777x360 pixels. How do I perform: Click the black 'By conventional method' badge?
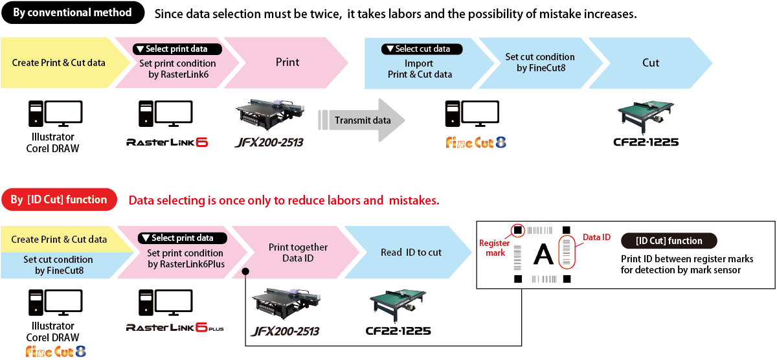click(73, 12)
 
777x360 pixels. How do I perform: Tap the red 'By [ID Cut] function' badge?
click(60, 199)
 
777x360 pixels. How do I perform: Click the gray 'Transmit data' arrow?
click(361, 120)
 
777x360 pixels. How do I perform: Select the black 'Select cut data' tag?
click(422, 49)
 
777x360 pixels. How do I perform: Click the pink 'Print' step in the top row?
click(286, 63)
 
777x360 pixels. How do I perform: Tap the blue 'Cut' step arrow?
click(650, 63)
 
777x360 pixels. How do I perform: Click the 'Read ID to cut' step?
click(409, 252)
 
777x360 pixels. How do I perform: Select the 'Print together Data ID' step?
click(297, 252)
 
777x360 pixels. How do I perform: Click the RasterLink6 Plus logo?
click(175, 328)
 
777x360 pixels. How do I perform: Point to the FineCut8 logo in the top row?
click(476, 142)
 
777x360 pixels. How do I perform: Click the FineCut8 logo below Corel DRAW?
click(56, 352)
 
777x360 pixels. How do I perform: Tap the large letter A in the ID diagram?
click(543, 255)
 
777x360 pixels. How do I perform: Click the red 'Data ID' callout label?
click(596, 237)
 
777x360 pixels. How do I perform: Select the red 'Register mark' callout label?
click(494, 247)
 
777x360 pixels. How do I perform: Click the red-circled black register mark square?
click(518, 230)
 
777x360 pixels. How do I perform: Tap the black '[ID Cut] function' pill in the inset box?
click(669, 241)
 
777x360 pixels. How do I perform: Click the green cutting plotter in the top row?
click(646, 117)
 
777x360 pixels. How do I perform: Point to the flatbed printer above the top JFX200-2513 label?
click(270, 114)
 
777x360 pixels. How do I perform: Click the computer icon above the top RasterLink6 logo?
click(166, 114)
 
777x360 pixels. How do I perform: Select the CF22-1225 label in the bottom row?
click(398, 331)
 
